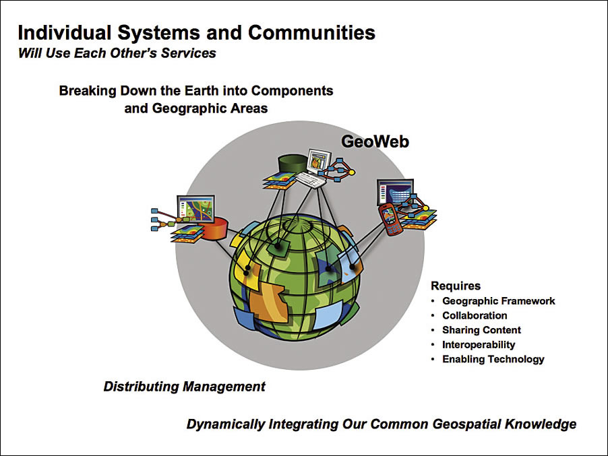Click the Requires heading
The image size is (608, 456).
(456, 286)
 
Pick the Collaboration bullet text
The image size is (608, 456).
(475, 315)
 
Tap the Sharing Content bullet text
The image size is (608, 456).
(481, 330)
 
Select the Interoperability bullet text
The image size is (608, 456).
(479, 344)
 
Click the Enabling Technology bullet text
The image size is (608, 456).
(493, 359)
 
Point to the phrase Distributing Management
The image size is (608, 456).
(184, 387)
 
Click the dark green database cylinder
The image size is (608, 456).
(293, 164)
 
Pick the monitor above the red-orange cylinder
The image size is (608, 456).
(195, 207)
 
